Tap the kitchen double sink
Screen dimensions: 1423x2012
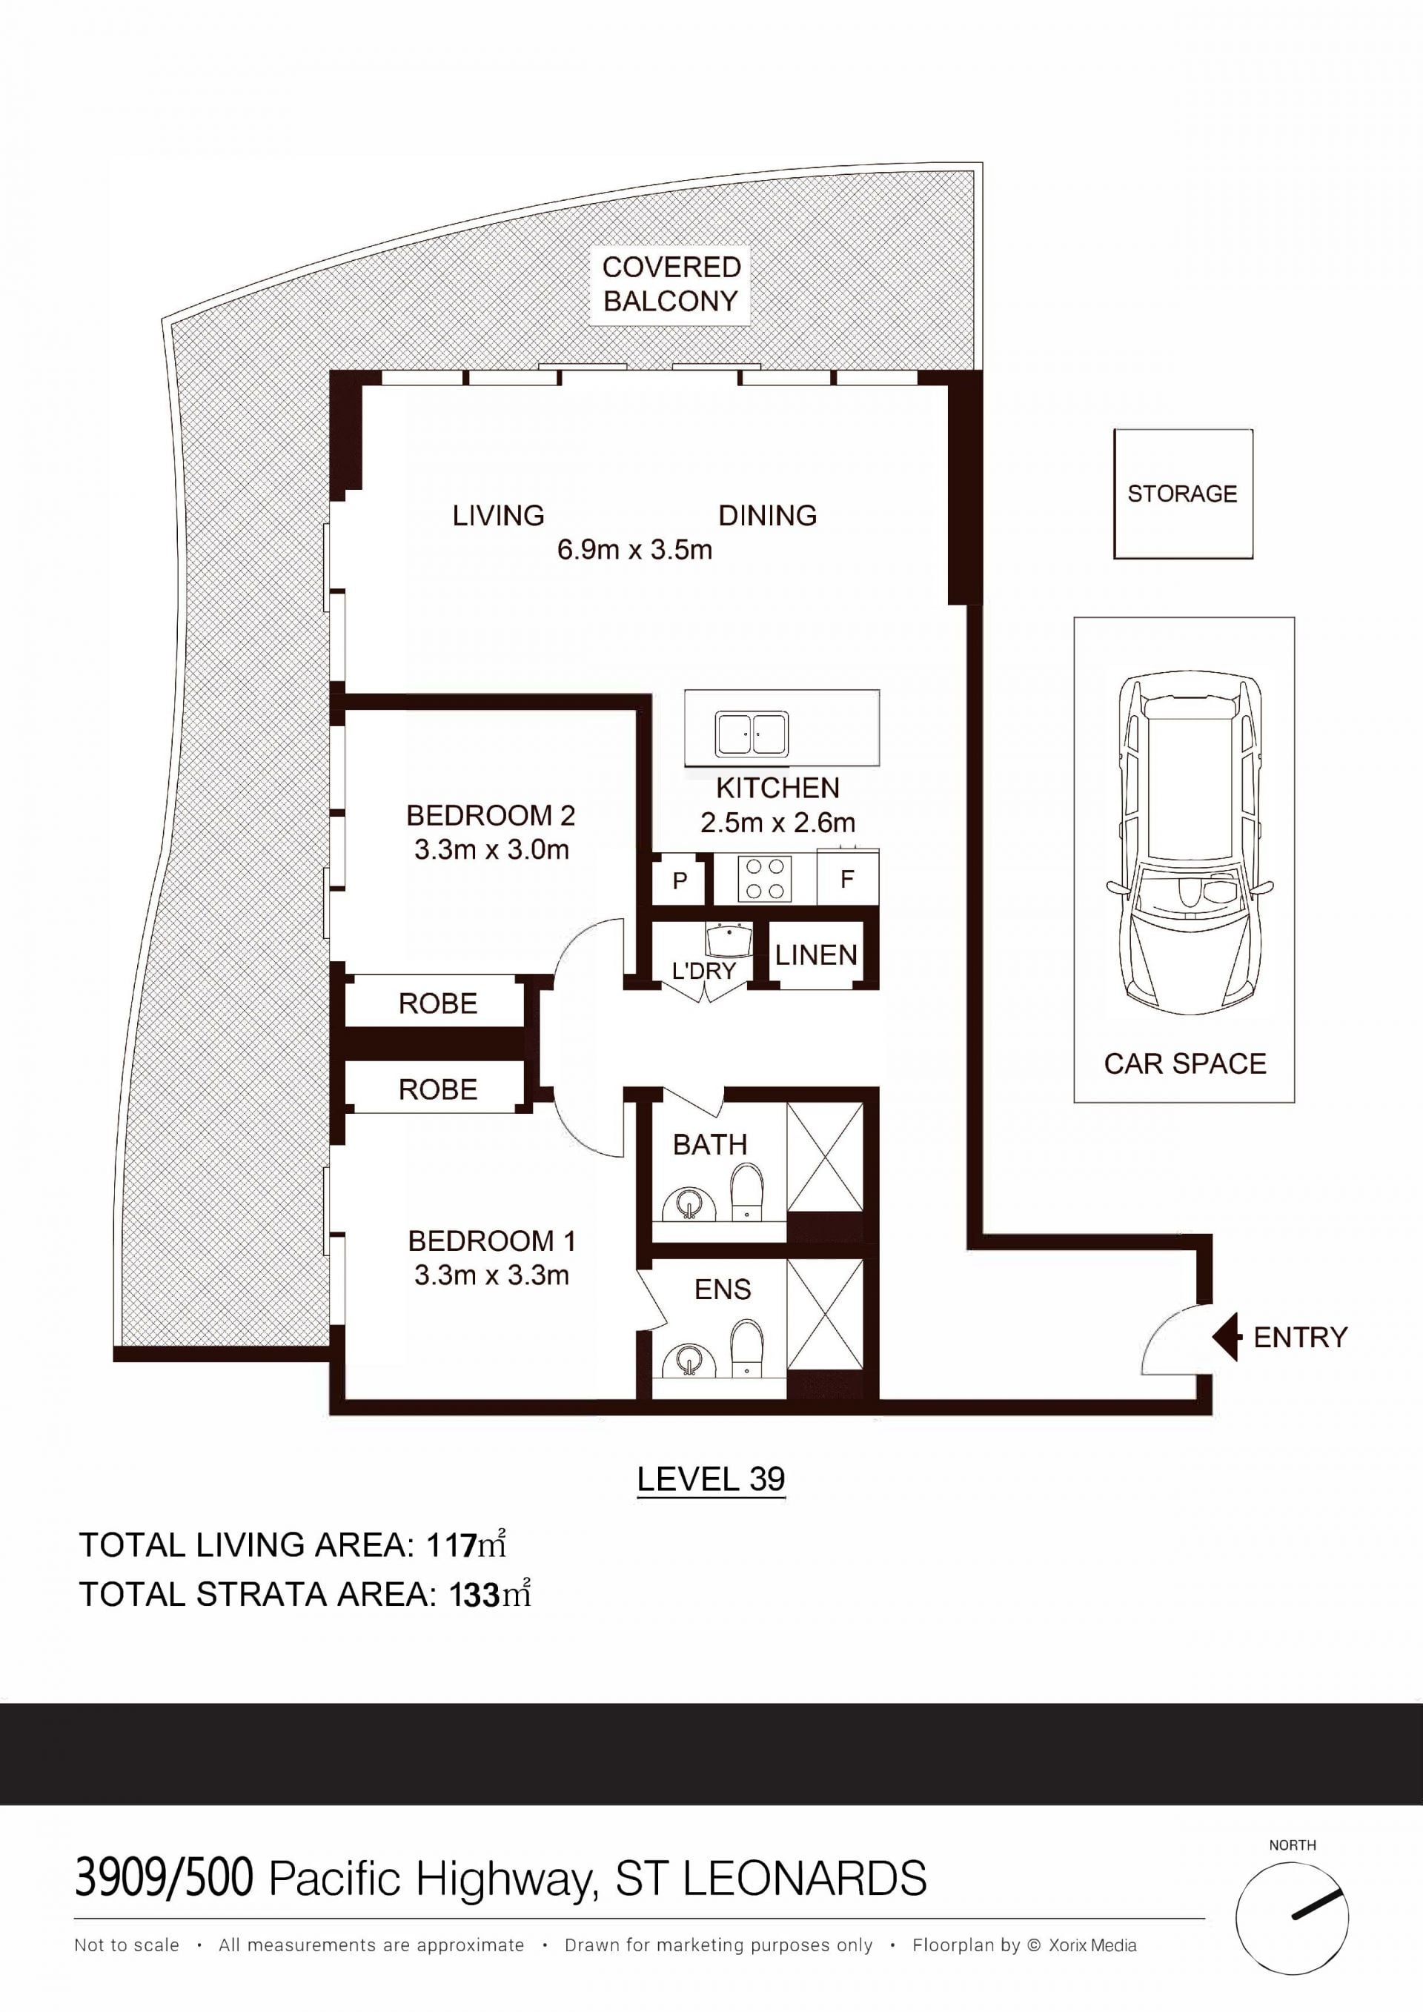751,734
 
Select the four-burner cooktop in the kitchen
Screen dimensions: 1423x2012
765,878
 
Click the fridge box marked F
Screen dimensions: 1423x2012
847,877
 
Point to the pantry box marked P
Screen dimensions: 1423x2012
680,880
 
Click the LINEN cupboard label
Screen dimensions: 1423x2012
816,955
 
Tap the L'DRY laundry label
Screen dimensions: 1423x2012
703,971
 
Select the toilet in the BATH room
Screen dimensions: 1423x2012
746,1191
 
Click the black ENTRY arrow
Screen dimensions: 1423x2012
1227,1337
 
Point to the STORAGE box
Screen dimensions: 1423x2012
1183,494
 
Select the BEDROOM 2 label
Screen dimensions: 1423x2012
491,816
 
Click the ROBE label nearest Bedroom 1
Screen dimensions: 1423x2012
438,1089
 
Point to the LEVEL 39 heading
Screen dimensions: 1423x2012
711,1479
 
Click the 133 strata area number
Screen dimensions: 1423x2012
474,1594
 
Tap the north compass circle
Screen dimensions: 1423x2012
1293,1919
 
